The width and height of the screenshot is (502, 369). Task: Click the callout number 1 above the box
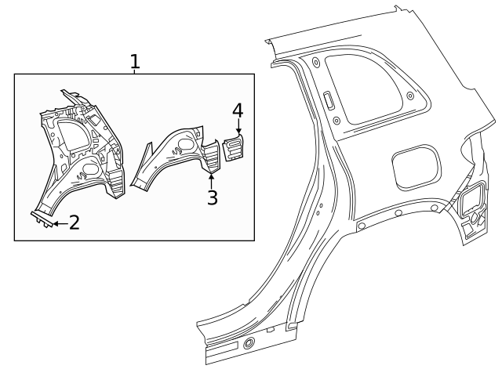coord(135,61)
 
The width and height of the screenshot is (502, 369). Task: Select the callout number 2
coord(74,222)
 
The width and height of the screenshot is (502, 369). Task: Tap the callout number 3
coord(212,197)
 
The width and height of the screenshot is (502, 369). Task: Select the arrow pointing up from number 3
coord(211,176)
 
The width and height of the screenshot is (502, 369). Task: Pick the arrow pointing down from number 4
coord(238,129)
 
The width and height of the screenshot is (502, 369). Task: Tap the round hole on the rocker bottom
coord(249,343)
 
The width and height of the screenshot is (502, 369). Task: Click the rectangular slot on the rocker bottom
coord(225,348)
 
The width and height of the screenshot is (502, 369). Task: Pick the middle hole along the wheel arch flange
coord(399,212)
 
